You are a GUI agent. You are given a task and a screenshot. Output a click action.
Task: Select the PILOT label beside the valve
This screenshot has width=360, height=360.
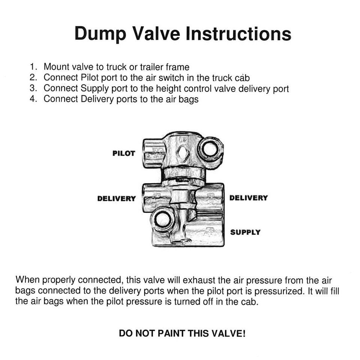tap(124, 154)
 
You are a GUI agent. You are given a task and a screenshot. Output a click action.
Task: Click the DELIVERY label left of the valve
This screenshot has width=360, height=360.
tap(116, 199)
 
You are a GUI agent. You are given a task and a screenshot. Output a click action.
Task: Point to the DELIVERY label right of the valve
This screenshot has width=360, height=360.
tap(249, 198)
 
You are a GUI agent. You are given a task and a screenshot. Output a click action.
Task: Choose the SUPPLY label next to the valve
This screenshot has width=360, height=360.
tap(245, 232)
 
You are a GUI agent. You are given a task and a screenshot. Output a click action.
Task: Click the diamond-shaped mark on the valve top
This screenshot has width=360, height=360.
tap(182, 153)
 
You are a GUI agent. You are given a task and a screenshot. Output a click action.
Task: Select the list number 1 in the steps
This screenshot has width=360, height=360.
tap(34, 67)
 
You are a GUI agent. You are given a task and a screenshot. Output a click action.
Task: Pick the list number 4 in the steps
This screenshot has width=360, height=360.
tap(34, 99)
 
